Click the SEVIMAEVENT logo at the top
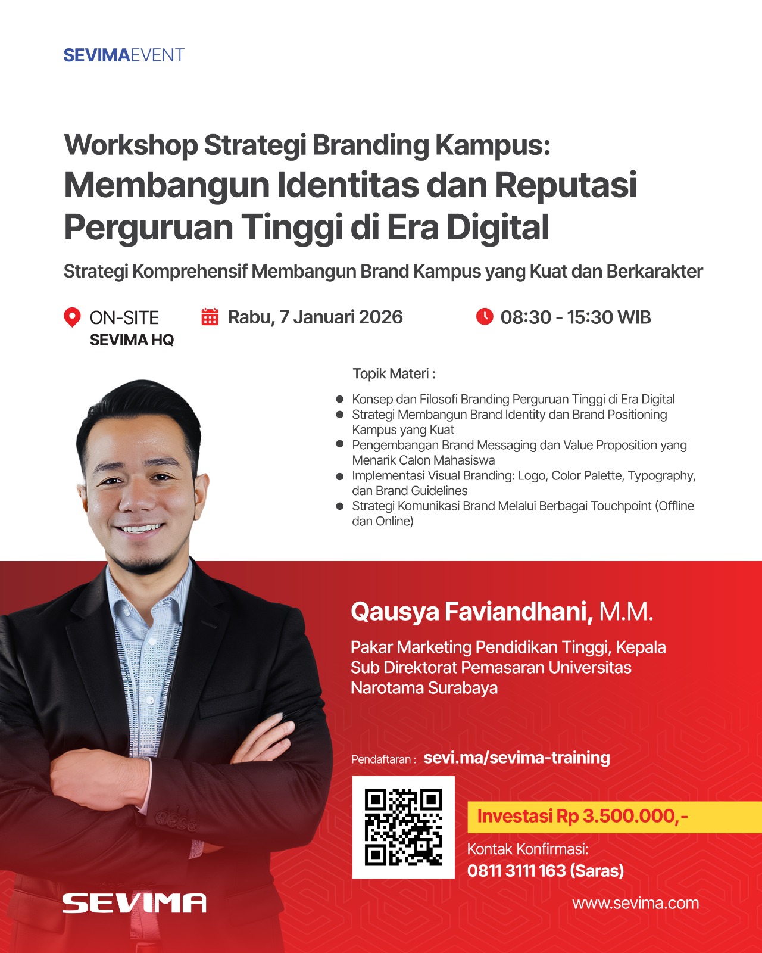pyautogui.click(x=124, y=55)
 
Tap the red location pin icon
pyautogui.click(x=72, y=317)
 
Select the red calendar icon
pyautogui.click(x=210, y=317)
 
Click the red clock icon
pyautogui.click(x=485, y=317)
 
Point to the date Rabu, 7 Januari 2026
pyautogui.click(x=316, y=317)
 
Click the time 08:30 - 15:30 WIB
pyautogui.click(x=576, y=317)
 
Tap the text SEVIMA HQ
pyautogui.click(x=132, y=340)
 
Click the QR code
pyautogui.click(x=404, y=827)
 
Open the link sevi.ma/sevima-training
pyautogui.click(x=517, y=758)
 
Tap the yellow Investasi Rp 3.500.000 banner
pyautogui.click(x=614, y=817)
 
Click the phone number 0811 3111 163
pyautogui.click(x=517, y=871)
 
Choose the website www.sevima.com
pyautogui.click(x=635, y=903)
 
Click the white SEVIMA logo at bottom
pyautogui.click(x=134, y=904)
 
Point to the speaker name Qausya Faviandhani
pyautogui.click(x=472, y=612)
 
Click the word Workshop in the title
pyautogui.click(x=131, y=145)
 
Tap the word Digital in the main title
pyautogui.click(x=498, y=227)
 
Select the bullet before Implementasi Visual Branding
pyautogui.click(x=339, y=476)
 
